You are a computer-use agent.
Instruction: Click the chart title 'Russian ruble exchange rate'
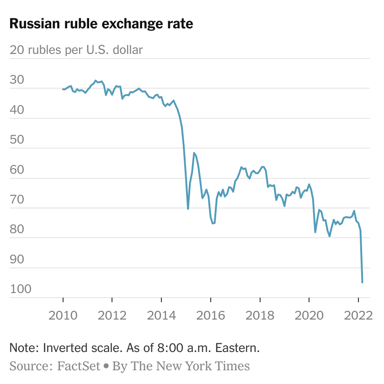click(101, 24)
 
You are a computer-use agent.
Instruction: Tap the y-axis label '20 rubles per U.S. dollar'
click(76, 50)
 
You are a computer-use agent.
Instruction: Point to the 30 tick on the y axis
click(17, 80)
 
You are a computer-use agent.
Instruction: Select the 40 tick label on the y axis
click(17, 110)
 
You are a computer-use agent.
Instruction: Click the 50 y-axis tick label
click(17, 139)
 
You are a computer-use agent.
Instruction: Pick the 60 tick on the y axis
click(17, 170)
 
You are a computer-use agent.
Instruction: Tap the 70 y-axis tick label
click(17, 199)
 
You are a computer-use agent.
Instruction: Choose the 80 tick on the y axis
click(17, 229)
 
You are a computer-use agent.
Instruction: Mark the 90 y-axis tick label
click(17, 259)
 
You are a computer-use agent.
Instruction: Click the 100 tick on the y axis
click(21, 289)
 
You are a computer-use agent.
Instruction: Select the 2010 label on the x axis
click(63, 315)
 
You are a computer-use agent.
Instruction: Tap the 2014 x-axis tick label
click(161, 315)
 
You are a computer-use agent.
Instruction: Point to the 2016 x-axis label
click(211, 315)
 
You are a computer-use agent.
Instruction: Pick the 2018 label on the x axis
click(260, 315)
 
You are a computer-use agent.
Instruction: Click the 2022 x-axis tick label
click(358, 315)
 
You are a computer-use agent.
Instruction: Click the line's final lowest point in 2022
click(363, 282)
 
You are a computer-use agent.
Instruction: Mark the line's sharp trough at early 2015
click(188, 209)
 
